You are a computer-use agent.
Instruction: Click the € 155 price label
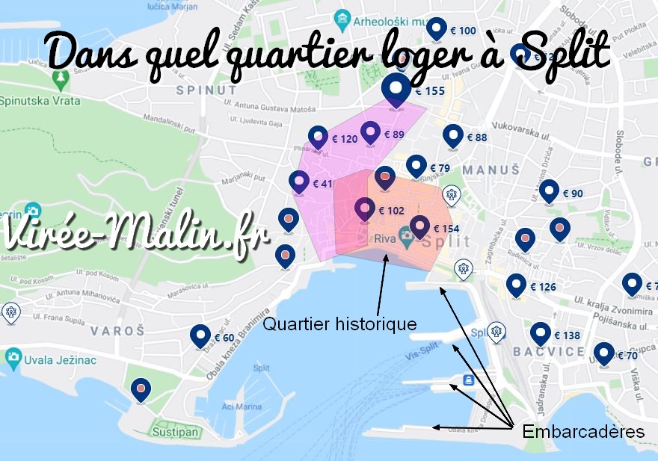tap(430, 91)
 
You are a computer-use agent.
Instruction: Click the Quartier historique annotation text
tap(339, 324)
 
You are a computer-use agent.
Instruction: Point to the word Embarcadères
tap(583, 431)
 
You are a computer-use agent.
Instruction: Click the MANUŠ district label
tap(491, 170)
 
